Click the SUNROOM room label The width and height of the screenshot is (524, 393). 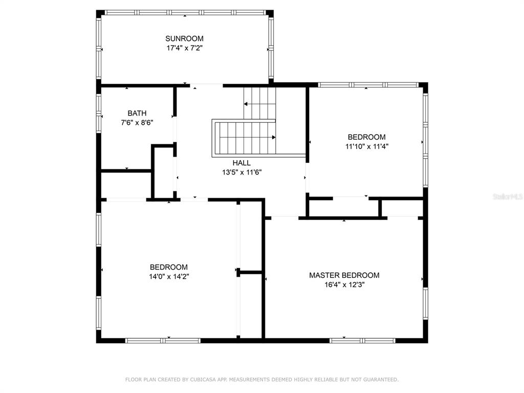[x=184, y=38]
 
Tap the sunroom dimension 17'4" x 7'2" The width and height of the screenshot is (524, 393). [x=184, y=48]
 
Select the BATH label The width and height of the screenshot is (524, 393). [x=137, y=113]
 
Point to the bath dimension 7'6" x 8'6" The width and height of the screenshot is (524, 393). [x=137, y=123]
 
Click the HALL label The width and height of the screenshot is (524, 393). [x=242, y=163]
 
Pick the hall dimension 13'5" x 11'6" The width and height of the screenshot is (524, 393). [x=242, y=172]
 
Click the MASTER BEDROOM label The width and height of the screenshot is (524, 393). [x=344, y=275]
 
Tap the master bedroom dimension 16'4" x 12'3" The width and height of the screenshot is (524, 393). [x=344, y=285]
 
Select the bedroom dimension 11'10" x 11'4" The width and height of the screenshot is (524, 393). [x=367, y=146]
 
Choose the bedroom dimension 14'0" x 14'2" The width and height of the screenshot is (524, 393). [x=169, y=277]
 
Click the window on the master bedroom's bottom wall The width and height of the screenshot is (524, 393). [x=362, y=341]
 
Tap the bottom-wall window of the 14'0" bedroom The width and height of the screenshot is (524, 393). [x=163, y=341]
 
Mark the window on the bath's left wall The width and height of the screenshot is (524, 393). [x=99, y=113]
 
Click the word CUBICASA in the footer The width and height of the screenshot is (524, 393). [x=203, y=380]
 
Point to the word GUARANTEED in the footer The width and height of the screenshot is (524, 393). [x=381, y=380]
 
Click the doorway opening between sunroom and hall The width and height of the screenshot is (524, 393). [x=206, y=85]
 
